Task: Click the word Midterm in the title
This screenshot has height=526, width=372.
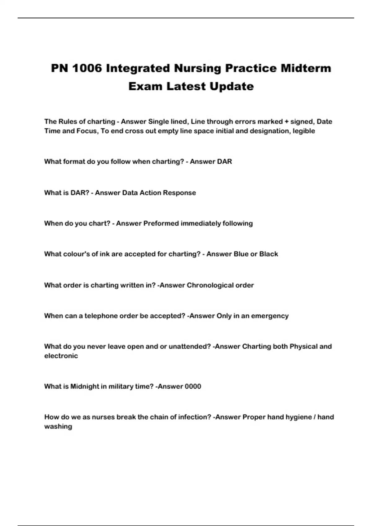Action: click(306, 68)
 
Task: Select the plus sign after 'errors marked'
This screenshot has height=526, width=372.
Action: click(286, 122)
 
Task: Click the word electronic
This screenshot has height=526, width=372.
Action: click(61, 356)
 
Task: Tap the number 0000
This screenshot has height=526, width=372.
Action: click(193, 386)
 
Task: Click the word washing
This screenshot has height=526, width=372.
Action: click(58, 426)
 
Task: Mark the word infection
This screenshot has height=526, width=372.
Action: click(195, 417)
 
